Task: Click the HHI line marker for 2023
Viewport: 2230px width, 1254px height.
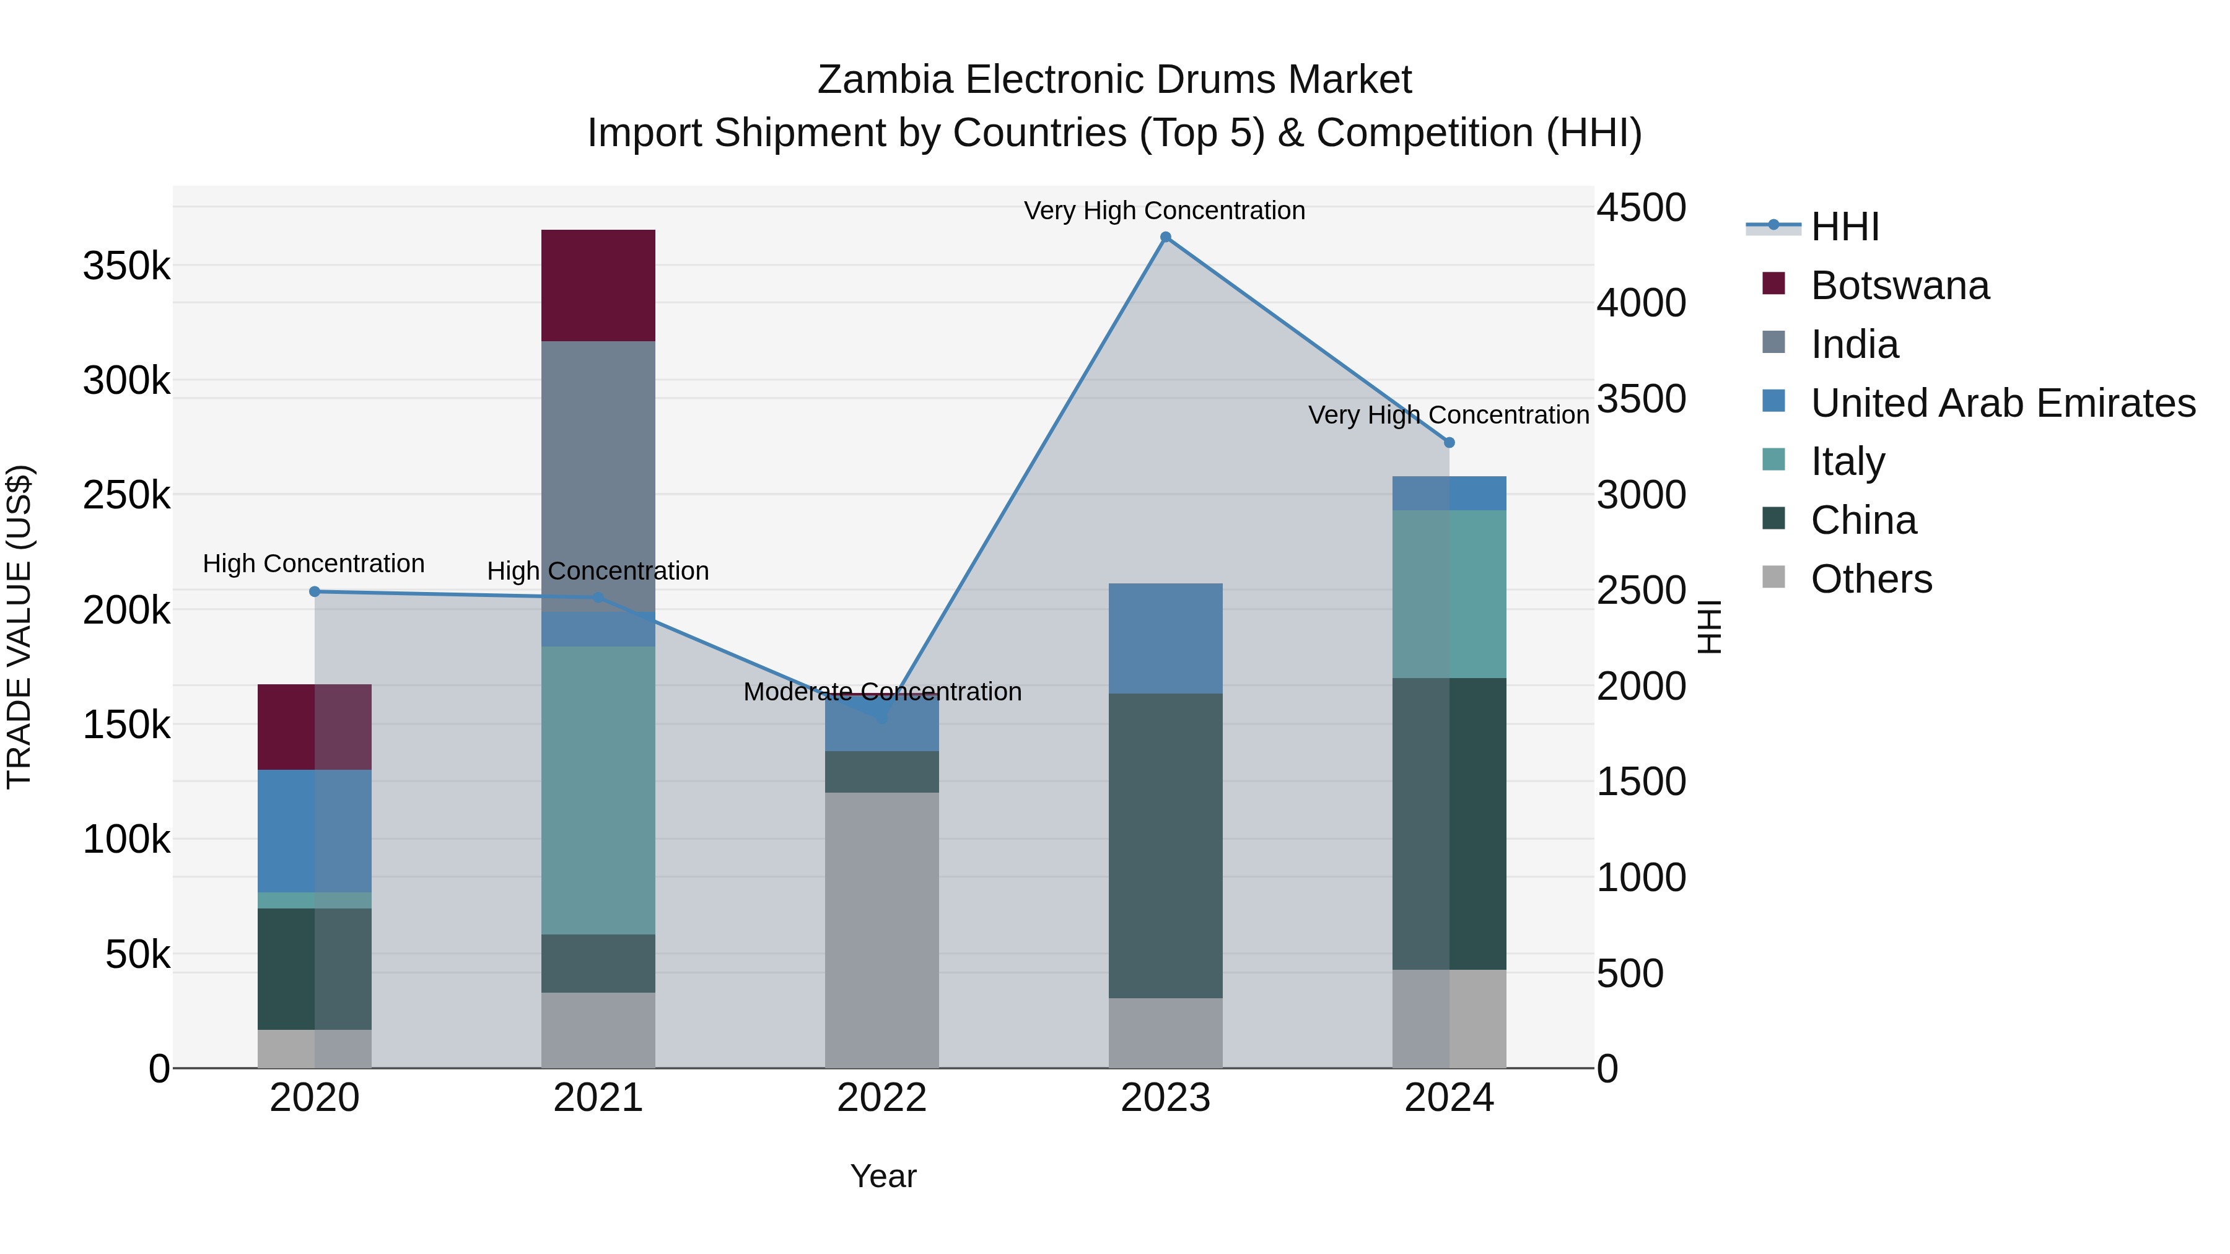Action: [1165, 237]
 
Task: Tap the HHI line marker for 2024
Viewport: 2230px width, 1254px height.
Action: [1449, 442]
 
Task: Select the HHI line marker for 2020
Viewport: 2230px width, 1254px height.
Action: [314, 592]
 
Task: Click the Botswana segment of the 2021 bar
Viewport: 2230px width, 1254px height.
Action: [598, 285]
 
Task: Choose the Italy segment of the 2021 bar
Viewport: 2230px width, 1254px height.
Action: [598, 790]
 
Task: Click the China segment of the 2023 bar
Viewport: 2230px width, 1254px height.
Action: [1165, 845]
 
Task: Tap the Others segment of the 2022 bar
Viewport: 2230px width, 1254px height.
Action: [881, 930]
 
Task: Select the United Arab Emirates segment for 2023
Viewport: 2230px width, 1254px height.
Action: [1165, 638]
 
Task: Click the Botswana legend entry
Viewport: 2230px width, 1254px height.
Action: [1899, 285]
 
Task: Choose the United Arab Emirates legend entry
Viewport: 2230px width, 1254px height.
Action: [2002, 403]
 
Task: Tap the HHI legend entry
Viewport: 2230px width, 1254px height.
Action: [1844, 227]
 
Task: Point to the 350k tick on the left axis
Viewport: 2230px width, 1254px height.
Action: [126, 266]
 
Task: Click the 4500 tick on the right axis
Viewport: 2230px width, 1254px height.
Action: [1640, 207]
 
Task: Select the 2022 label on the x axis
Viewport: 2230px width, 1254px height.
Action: [881, 1098]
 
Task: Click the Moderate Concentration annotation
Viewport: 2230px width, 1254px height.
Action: [882, 692]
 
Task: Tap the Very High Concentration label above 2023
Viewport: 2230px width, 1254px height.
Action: [1165, 211]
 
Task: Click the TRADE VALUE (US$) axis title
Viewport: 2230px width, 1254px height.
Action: [20, 627]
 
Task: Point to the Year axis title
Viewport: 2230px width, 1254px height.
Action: [882, 1176]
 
